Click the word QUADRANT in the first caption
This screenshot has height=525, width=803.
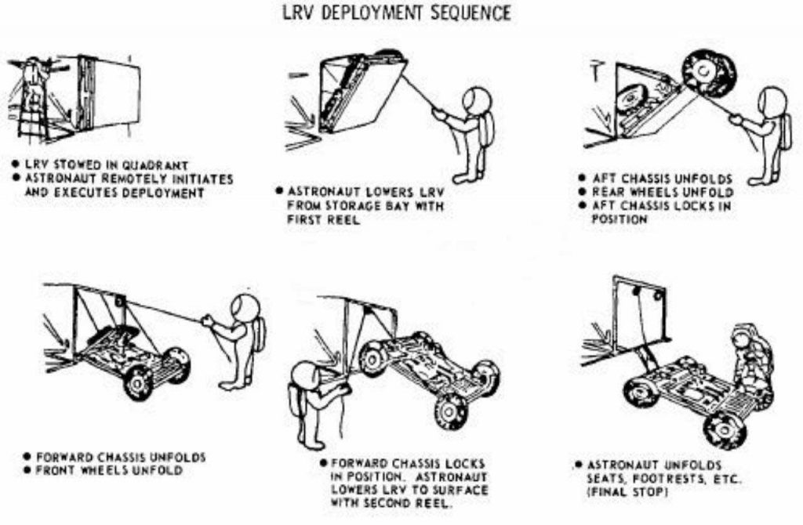[x=159, y=165]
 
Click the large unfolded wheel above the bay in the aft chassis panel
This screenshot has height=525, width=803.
[x=708, y=72]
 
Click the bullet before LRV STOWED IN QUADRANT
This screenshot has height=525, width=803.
[x=15, y=165]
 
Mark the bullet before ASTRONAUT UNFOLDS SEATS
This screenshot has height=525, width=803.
[x=576, y=465]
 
